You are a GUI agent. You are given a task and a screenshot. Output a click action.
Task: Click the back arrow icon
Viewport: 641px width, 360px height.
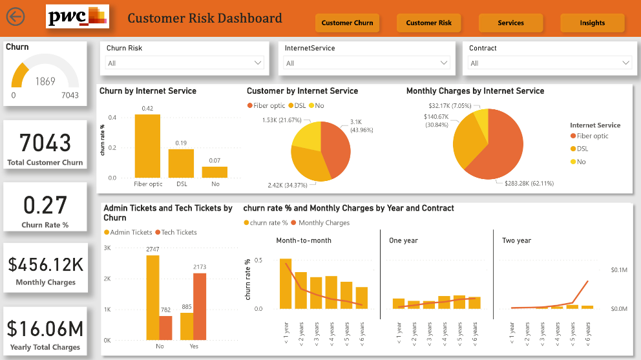coord(15,16)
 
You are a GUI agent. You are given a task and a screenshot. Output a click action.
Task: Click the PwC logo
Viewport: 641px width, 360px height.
coord(78,17)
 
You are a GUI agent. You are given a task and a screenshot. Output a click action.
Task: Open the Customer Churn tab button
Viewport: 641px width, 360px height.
coord(347,23)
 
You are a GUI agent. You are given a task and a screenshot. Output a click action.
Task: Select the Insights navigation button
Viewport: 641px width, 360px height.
coord(592,23)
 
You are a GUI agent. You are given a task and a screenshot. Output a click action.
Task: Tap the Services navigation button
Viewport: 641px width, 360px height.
coord(510,23)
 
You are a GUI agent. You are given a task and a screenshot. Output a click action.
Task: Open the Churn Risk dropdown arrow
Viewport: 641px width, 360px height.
coord(258,63)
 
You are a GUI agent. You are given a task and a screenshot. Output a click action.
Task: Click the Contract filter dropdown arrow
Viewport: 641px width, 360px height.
coord(625,63)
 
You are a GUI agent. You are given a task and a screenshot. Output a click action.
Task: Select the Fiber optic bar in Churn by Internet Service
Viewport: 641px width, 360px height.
coord(147,145)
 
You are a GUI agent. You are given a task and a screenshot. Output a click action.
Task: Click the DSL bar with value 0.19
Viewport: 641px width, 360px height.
coord(181,163)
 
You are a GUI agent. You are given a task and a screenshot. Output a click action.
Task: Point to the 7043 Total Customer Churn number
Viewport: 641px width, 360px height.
coord(45,142)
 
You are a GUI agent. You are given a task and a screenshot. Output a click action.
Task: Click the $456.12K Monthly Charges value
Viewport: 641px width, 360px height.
coord(45,264)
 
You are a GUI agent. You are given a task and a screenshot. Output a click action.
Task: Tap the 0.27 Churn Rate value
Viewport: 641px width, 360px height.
coord(45,205)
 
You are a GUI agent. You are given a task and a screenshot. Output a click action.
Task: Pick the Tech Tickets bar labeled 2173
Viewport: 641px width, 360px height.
coord(200,306)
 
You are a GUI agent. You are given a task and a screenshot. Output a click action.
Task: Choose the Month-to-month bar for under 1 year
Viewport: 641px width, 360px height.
coord(286,283)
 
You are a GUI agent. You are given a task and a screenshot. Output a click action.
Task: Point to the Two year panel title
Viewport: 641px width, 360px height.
coord(516,240)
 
